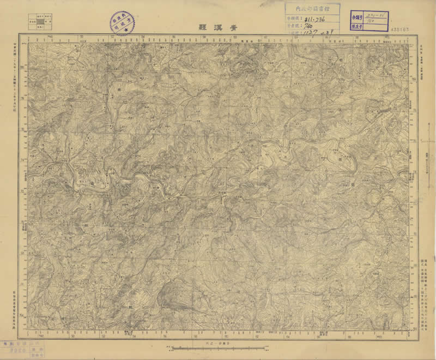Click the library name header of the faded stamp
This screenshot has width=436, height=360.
[x=312, y=8]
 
